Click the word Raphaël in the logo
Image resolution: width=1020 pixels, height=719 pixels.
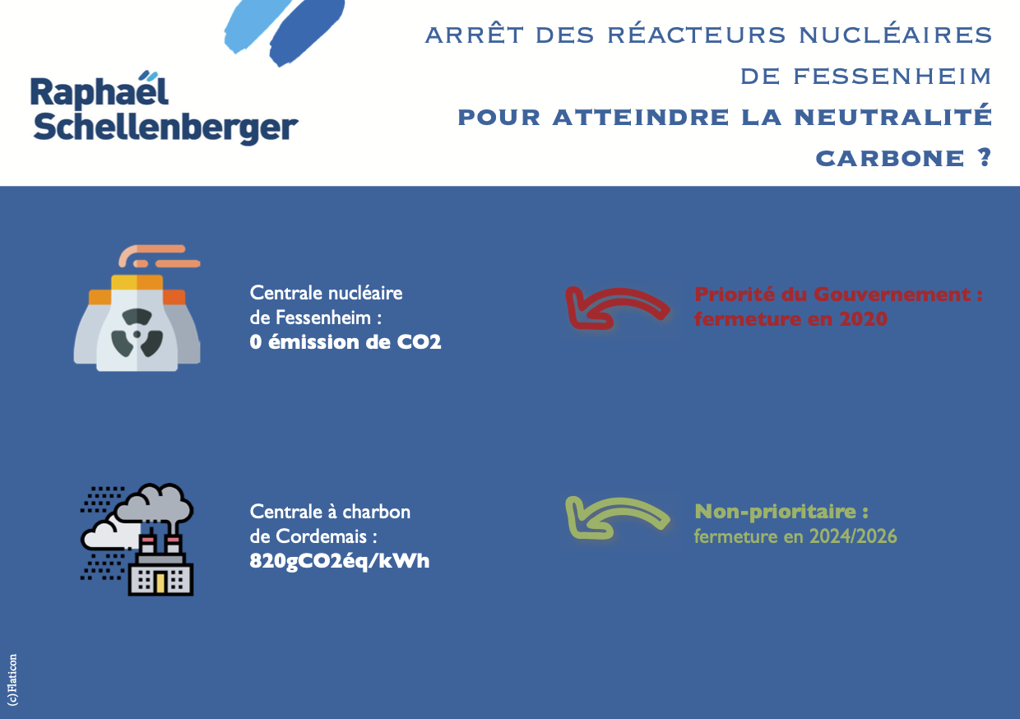click(100, 90)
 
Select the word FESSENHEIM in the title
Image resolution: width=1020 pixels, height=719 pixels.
click(892, 76)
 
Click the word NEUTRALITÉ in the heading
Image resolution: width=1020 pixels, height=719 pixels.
click(893, 117)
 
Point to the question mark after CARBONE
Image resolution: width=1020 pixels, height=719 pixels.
click(985, 157)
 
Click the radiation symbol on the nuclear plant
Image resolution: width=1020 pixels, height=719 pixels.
click(137, 333)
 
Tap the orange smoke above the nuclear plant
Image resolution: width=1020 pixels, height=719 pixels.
click(159, 257)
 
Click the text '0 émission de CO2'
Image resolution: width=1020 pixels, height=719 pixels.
click(345, 342)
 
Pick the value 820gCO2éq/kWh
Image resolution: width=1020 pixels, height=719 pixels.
click(340, 561)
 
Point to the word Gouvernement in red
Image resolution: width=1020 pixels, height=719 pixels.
click(892, 295)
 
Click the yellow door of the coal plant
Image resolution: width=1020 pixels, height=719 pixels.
click(160, 583)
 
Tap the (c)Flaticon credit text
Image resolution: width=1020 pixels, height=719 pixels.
click(13, 680)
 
